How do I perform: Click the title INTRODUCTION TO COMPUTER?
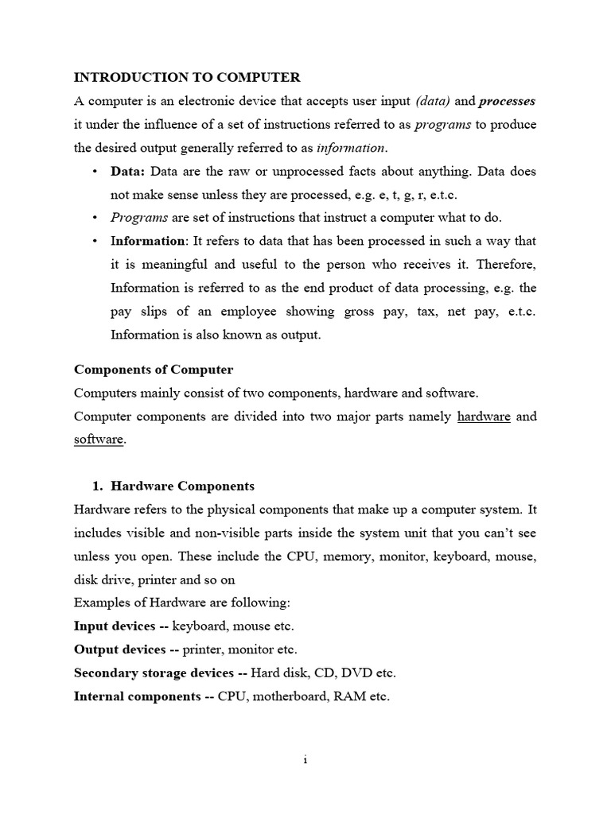coord(187,78)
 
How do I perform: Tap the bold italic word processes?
coord(507,101)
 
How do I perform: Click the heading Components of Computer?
coord(154,370)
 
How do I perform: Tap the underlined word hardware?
coord(484,416)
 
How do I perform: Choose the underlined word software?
coord(99,439)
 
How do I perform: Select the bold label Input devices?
coord(115,626)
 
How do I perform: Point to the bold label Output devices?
coord(119,649)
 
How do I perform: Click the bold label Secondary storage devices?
coord(154,673)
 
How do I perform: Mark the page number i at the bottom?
coord(305,761)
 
